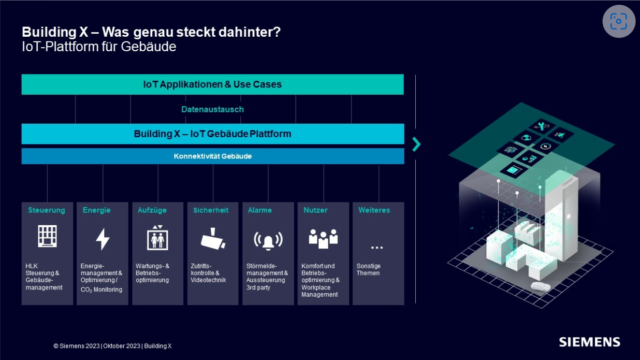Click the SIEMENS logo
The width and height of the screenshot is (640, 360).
[x=589, y=342]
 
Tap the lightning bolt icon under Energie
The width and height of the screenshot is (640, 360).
[x=102, y=239]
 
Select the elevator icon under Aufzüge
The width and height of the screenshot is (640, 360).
[x=158, y=237]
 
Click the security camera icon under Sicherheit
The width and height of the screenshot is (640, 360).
[x=213, y=238]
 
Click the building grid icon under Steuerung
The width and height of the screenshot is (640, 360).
[x=47, y=237]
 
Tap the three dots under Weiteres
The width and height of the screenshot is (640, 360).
[x=377, y=247]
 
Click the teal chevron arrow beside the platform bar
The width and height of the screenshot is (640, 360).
[x=416, y=144]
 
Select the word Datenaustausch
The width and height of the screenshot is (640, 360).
[x=212, y=109]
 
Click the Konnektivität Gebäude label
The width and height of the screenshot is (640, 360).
[x=213, y=156]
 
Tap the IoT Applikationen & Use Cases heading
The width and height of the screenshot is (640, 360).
[x=212, y=85]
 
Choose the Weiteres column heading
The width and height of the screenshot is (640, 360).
[x=374, y=210]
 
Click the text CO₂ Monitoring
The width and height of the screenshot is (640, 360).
[x=102, y=290]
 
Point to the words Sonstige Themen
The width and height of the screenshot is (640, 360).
[x=368, y=270]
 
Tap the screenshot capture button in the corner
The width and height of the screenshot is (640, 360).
[x=619, y=21]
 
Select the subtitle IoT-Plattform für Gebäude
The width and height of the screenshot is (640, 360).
[x=99, y=47]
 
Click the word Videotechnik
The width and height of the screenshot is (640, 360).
[x=208, y=280]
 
